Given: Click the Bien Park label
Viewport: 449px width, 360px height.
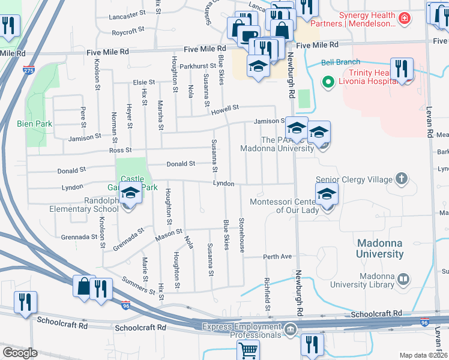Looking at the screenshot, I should pyautogui.click(x=34, y=124).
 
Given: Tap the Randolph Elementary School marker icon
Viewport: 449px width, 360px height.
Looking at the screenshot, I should pyautogui.click(x=130, y=194).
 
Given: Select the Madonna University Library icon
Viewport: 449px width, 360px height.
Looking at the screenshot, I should pyautogui.click(x=404, y=279).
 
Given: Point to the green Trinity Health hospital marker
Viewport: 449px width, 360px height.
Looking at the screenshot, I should pyautogui.click(x=328, y=81).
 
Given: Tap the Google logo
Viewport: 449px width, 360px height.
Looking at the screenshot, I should pyautogui.click(x=20, y=352).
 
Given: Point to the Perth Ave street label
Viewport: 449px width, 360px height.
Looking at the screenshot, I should pyautogui.click(x=277, y=257).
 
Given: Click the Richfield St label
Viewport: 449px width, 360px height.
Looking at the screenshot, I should pyautogui.click(x=268, y=294).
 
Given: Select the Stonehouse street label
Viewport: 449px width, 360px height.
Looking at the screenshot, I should pyautogui.click(x=242, y=235).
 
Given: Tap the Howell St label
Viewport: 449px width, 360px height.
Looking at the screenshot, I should pyautogui.click(x=224, y=108).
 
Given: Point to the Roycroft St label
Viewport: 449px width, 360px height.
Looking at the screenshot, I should pyautogui.click(x=127, y=29).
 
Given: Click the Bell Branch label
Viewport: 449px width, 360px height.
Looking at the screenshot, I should pyautogui.click(x=340, y=62).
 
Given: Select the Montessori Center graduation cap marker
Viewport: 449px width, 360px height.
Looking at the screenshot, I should pyautogui.click(x=327, y=194).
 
